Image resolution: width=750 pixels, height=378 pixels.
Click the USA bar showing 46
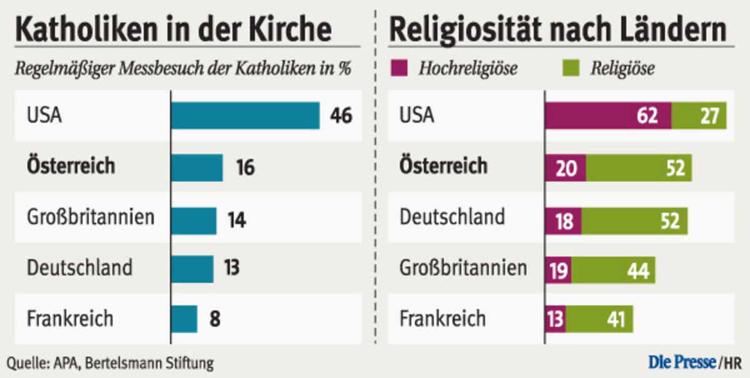tap(245, 116)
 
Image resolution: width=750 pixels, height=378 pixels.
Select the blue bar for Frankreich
tap(184, 319)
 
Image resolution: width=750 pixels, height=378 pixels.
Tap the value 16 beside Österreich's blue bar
tap(245, 167)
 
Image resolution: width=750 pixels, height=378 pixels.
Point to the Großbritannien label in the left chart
tap(91, 218)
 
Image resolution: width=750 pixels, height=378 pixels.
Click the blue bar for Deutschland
tap(192, 268)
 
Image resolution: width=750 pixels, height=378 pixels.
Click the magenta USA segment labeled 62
tap(608, 116)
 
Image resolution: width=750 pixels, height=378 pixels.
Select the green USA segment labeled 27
tap(699, 116)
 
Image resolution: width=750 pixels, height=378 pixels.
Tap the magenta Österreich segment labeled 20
tap(566, 168)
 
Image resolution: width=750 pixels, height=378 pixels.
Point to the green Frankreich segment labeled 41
tap(599, 319)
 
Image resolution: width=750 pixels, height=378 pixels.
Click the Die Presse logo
tap(682, 362)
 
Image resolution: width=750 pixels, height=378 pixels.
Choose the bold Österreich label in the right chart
tap(444, 166)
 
